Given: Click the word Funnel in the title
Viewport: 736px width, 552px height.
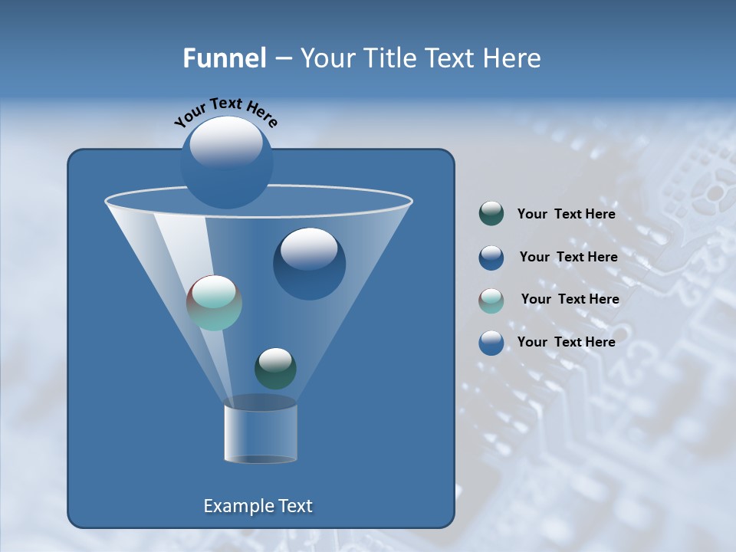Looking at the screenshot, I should pyautogui.click(x=224, y=58).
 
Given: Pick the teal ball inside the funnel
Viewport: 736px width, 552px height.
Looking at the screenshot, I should pyautogui.click(x=214, y=303).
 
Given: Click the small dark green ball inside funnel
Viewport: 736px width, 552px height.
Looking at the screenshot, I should pyautogui.click(x=275, y=368).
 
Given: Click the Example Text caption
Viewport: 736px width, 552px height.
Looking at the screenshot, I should pyautogui.click(x=258, y=506).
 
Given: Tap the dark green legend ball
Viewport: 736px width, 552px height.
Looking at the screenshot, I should pyautogui.click(x=491, y=214).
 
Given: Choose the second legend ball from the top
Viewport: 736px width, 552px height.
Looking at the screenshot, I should pyautogui.click(x=491, y=257).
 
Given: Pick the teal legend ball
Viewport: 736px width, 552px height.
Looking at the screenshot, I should pyautogui.click(x=491, y=300).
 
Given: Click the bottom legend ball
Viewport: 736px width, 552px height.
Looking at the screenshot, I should pyautogui.click(x=491, y=343).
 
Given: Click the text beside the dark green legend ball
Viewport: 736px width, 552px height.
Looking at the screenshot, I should pyautogui.click(x=566, y=215).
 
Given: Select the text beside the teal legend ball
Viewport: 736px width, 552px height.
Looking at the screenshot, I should pyautogui.click(x=570, y=299).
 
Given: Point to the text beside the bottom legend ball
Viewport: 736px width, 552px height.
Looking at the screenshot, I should pyautogui.click(x=566, y=342).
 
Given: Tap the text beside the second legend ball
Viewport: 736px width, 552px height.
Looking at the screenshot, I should pyautogui.click(x=568, y=257).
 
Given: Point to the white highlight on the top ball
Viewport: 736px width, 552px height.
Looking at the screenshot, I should pyautogui.click(x=226, y=142).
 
